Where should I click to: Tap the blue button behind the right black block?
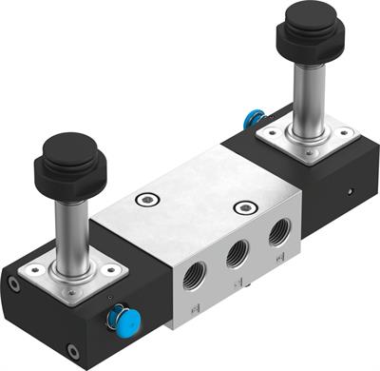(254, 120)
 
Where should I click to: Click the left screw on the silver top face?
(143, 199)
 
